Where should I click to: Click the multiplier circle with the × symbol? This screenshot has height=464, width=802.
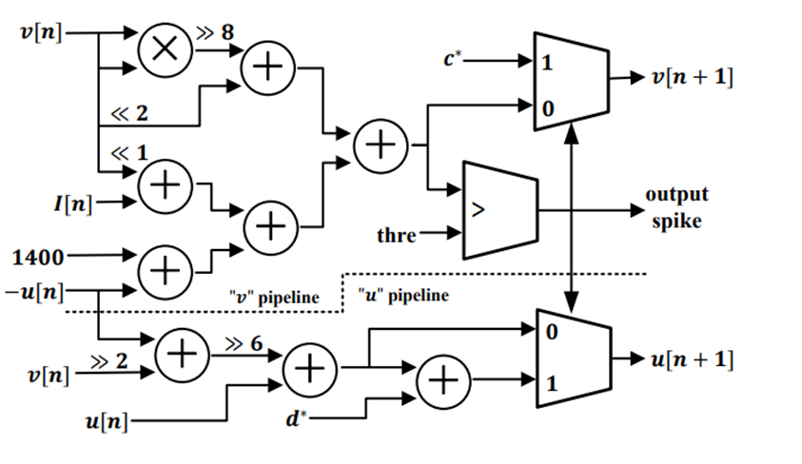[165, 50]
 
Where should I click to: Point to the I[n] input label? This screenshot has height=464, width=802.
[71, 203]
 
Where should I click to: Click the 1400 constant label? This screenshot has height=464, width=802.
[39, 255]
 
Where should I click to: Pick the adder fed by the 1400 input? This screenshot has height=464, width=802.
[165, 270]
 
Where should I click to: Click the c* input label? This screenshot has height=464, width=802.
[454, 60]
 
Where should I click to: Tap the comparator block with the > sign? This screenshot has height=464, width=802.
[499, 211]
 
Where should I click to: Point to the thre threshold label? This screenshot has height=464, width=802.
[397, 234]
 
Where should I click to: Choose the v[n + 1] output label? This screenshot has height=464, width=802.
[693, 78]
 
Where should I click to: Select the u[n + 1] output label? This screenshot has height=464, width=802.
[693, 359]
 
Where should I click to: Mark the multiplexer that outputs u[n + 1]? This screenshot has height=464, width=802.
[572, 358]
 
